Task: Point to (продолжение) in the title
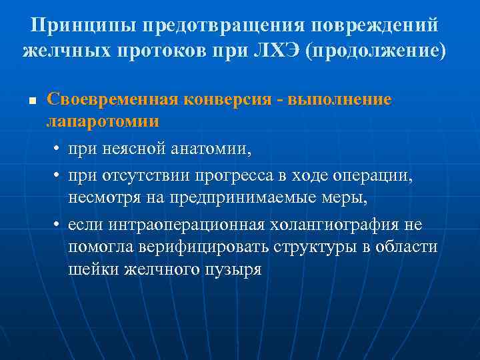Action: click(375, 51)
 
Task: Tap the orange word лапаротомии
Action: click(102, 121)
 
